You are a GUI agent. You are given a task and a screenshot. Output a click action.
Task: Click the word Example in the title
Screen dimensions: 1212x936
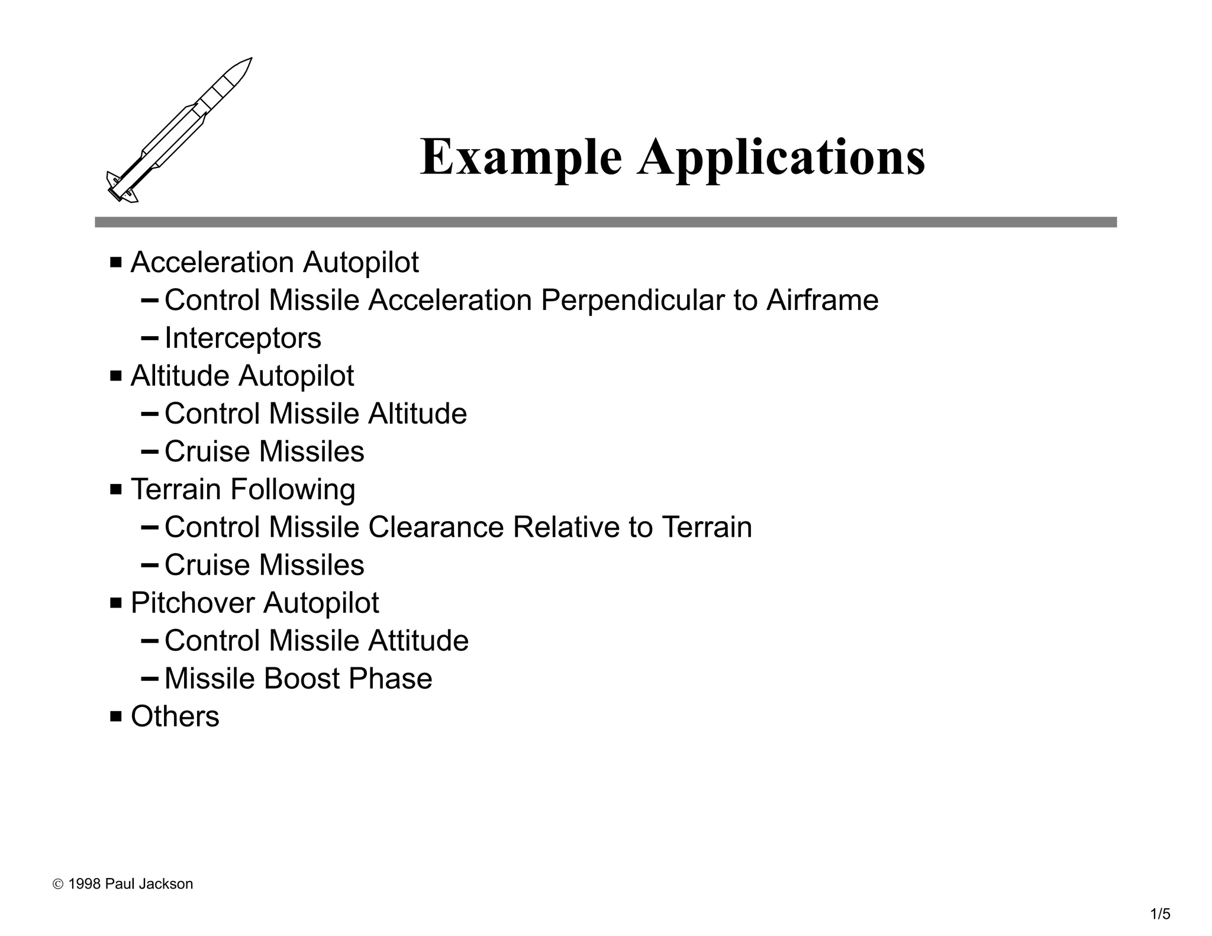[521, 157]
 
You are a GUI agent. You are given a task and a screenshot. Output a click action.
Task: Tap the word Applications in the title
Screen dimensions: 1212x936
[781, 157]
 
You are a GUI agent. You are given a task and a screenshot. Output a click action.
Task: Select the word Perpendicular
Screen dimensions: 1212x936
[632, 300]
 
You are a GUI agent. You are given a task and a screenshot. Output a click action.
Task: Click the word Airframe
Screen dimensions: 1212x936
[822, 300]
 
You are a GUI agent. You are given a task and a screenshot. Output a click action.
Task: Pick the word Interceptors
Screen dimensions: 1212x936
[243, 338]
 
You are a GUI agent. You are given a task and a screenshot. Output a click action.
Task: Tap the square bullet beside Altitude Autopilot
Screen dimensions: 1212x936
[116, 376]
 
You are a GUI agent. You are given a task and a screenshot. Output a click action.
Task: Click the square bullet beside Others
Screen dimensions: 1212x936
[116, 716]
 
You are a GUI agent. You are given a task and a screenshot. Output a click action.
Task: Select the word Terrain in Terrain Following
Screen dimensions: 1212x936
[176, 489]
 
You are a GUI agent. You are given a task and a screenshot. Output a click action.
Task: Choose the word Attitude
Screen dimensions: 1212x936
[418, 641]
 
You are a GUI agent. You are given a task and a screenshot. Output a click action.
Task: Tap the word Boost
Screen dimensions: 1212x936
[302, 679]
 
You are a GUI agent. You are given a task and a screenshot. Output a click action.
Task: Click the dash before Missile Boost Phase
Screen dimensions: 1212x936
[150, 678]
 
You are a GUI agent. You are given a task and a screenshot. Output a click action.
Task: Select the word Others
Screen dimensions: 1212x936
[175, 716]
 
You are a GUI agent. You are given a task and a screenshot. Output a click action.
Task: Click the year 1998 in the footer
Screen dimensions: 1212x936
[84, 884]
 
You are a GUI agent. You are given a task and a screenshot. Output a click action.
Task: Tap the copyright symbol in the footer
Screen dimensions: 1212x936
[58, 885]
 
